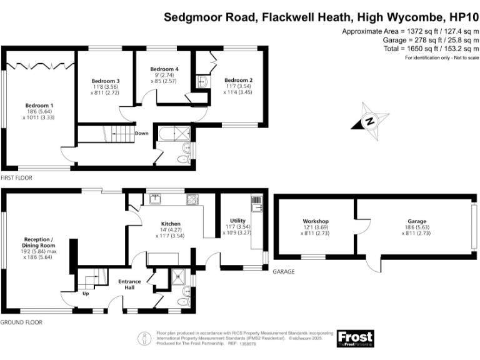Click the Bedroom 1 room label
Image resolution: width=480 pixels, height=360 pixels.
[39, 105]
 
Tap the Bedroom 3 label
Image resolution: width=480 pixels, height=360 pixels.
[106, 81]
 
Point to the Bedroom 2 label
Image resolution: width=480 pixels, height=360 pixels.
[238, 80]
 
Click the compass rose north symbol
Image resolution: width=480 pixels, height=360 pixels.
[369, 121]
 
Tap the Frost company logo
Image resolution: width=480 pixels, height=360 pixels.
[355, 338]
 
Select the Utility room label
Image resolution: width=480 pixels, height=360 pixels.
[237, 221]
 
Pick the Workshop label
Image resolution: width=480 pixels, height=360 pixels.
[316, 221]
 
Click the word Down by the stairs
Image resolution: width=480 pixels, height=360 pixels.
[142, 133]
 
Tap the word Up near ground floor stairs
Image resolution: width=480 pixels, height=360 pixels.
[85, 292]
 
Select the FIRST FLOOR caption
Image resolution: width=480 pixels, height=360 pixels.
[16, 178]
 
